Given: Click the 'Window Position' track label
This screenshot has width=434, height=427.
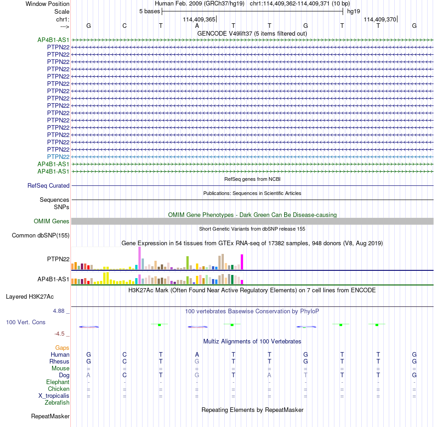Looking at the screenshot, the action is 48,4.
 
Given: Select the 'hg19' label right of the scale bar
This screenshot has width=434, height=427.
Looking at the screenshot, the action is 354,11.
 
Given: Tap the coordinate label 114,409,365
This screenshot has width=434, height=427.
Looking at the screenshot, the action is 199,19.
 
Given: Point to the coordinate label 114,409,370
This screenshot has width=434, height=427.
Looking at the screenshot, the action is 380,19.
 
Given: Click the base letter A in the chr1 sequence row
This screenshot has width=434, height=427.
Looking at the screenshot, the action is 197,26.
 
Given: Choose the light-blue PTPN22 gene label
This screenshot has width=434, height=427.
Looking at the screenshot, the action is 58,157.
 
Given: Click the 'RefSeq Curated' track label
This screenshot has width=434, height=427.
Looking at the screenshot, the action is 48,185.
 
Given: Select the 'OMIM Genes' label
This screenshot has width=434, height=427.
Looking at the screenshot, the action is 52,221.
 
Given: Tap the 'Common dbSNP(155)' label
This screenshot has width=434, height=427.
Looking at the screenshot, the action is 41,235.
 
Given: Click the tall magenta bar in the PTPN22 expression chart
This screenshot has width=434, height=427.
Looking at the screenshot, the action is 242,262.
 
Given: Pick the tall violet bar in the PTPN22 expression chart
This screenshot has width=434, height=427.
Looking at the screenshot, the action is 139,258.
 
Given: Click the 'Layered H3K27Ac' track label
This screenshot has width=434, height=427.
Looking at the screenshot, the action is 30,297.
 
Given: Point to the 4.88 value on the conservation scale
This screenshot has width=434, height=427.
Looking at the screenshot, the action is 58,311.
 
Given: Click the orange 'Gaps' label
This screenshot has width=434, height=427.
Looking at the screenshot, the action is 62,348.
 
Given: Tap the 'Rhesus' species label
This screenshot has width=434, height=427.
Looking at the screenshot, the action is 59,361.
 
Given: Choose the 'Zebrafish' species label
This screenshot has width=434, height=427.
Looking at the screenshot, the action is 57,402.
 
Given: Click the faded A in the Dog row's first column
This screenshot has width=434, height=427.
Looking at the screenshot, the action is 88,375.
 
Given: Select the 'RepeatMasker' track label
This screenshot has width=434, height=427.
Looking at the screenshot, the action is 50,416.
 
